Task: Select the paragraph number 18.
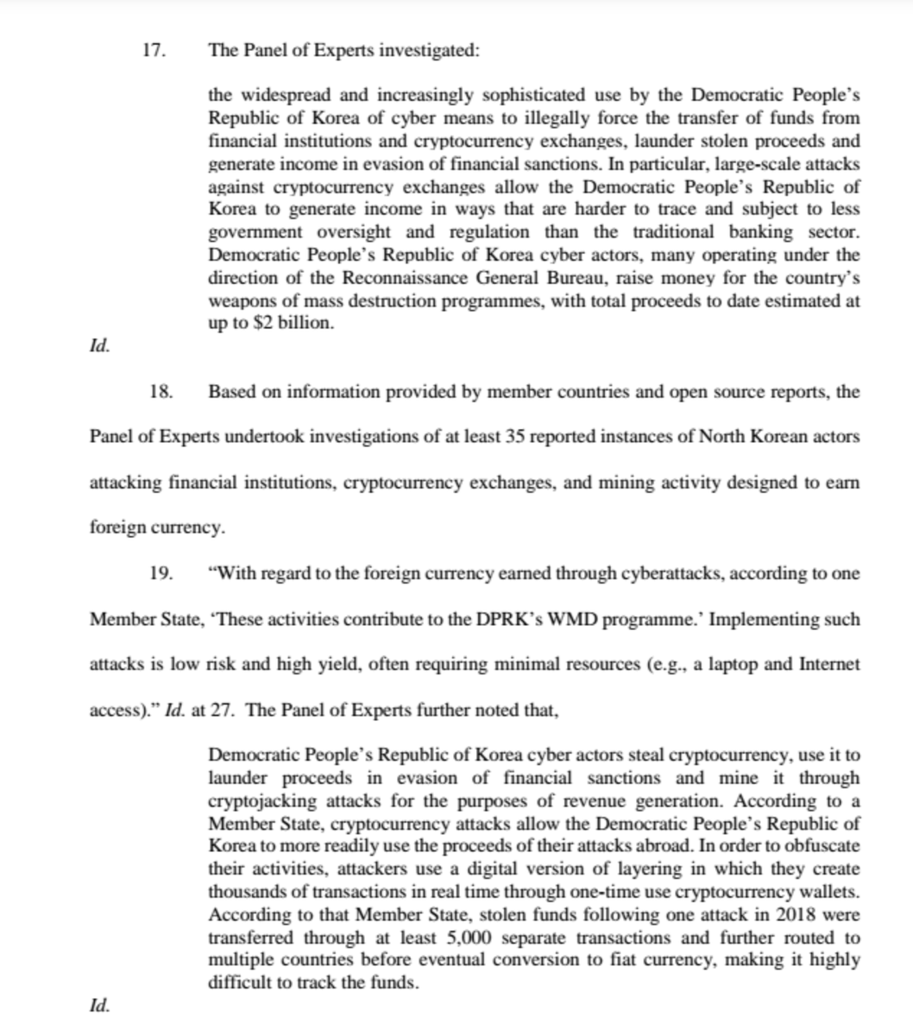[161, 392]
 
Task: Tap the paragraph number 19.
[161, 573]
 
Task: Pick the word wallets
[833, 893]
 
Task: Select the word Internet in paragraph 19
[829, 665]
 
